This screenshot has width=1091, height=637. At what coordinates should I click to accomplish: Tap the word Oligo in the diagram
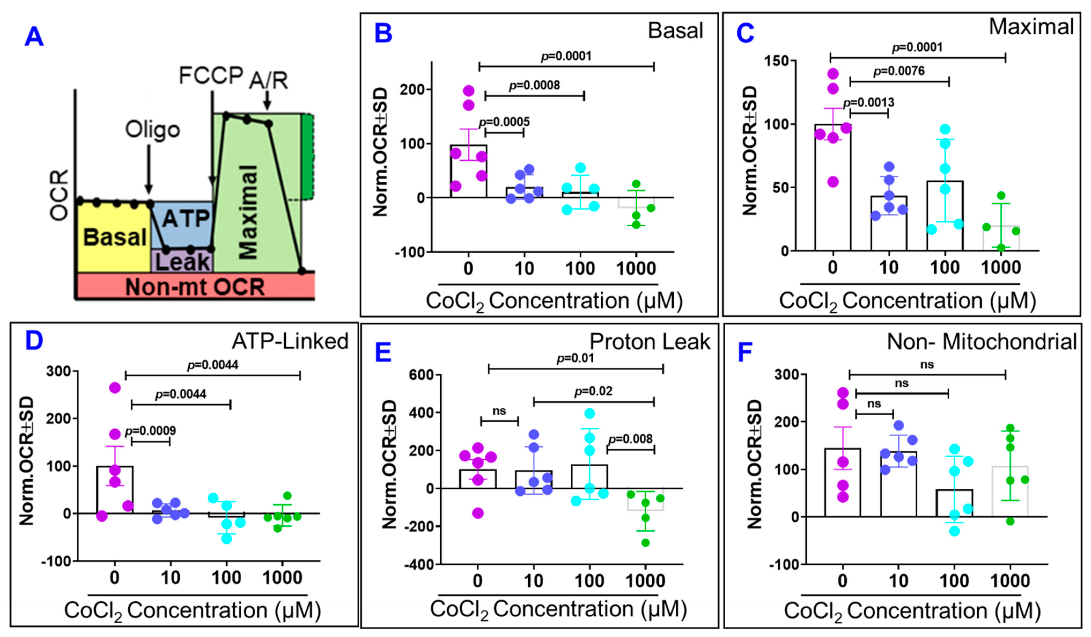point(152,130)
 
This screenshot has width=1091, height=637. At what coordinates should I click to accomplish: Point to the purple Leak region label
point(183,262)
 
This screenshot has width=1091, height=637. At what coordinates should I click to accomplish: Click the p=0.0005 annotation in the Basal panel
point(504,122)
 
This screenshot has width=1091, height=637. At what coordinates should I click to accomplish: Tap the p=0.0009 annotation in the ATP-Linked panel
point(151,431)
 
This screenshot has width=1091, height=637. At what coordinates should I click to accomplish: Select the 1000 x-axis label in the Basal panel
point(636,269)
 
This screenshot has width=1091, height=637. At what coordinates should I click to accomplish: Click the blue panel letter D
point(34,341)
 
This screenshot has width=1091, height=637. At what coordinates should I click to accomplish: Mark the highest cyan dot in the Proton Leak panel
point(590,413)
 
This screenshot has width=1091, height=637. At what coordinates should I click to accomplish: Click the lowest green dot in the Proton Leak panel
point(646,543)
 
